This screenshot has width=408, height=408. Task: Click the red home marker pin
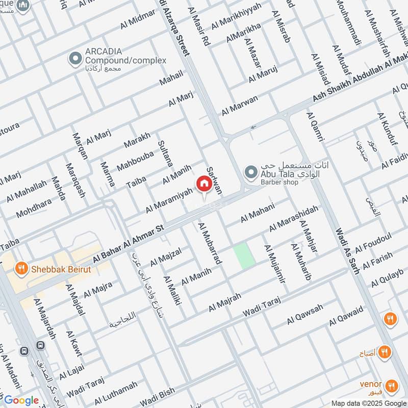pos(204,184)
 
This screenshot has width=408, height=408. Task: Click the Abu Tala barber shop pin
pos(250,172)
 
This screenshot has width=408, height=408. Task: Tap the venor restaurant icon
pos(392,385)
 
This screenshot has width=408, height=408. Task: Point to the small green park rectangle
pos(244,256)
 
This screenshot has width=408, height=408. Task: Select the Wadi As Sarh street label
pos(347,250)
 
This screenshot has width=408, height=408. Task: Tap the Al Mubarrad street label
pos(210,243)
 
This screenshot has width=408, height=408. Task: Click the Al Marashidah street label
pos(293,218)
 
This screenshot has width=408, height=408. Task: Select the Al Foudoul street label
pos(373,243)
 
